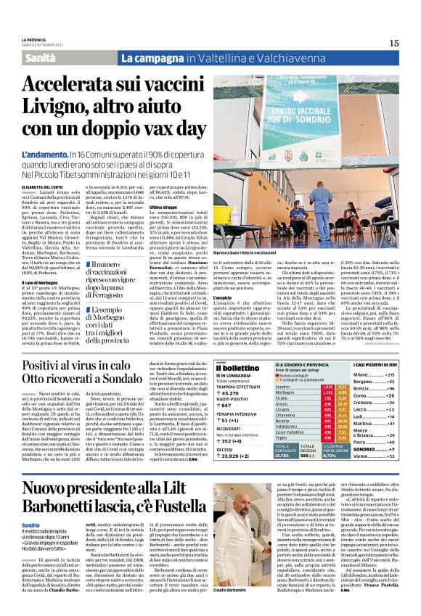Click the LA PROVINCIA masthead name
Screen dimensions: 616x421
click(x=33, y=38)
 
